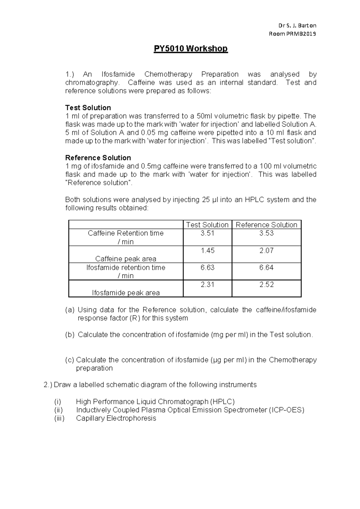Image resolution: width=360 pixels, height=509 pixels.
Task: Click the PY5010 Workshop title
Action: click(191, 49)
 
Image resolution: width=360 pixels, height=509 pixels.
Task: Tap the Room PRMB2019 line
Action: click(292, 34)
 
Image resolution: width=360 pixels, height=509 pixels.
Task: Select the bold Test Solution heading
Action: click(88, 108)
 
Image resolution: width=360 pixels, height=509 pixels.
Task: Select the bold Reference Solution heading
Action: click(98, 158)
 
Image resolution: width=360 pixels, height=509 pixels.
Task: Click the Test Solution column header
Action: click(207, 225)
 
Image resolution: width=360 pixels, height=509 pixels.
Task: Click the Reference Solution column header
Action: click(266, 225)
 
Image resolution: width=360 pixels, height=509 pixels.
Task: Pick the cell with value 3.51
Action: click(207, 233)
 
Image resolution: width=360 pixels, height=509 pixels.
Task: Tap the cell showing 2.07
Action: click(266, 250)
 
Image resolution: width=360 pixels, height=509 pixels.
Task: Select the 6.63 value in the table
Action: click(207, 267)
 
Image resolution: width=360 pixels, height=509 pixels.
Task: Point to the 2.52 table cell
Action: click(266, 285)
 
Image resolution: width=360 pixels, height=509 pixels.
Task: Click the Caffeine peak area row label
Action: click(126, 259)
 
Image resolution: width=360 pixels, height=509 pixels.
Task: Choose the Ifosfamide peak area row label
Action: click(126, 293)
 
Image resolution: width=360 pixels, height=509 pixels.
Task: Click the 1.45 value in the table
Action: click(207, 250)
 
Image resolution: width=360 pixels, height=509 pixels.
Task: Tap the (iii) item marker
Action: click(59, 418)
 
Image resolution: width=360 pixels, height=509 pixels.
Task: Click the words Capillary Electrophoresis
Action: click(116, 418)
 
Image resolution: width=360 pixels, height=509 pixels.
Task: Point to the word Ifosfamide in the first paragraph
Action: click(118, 74)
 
